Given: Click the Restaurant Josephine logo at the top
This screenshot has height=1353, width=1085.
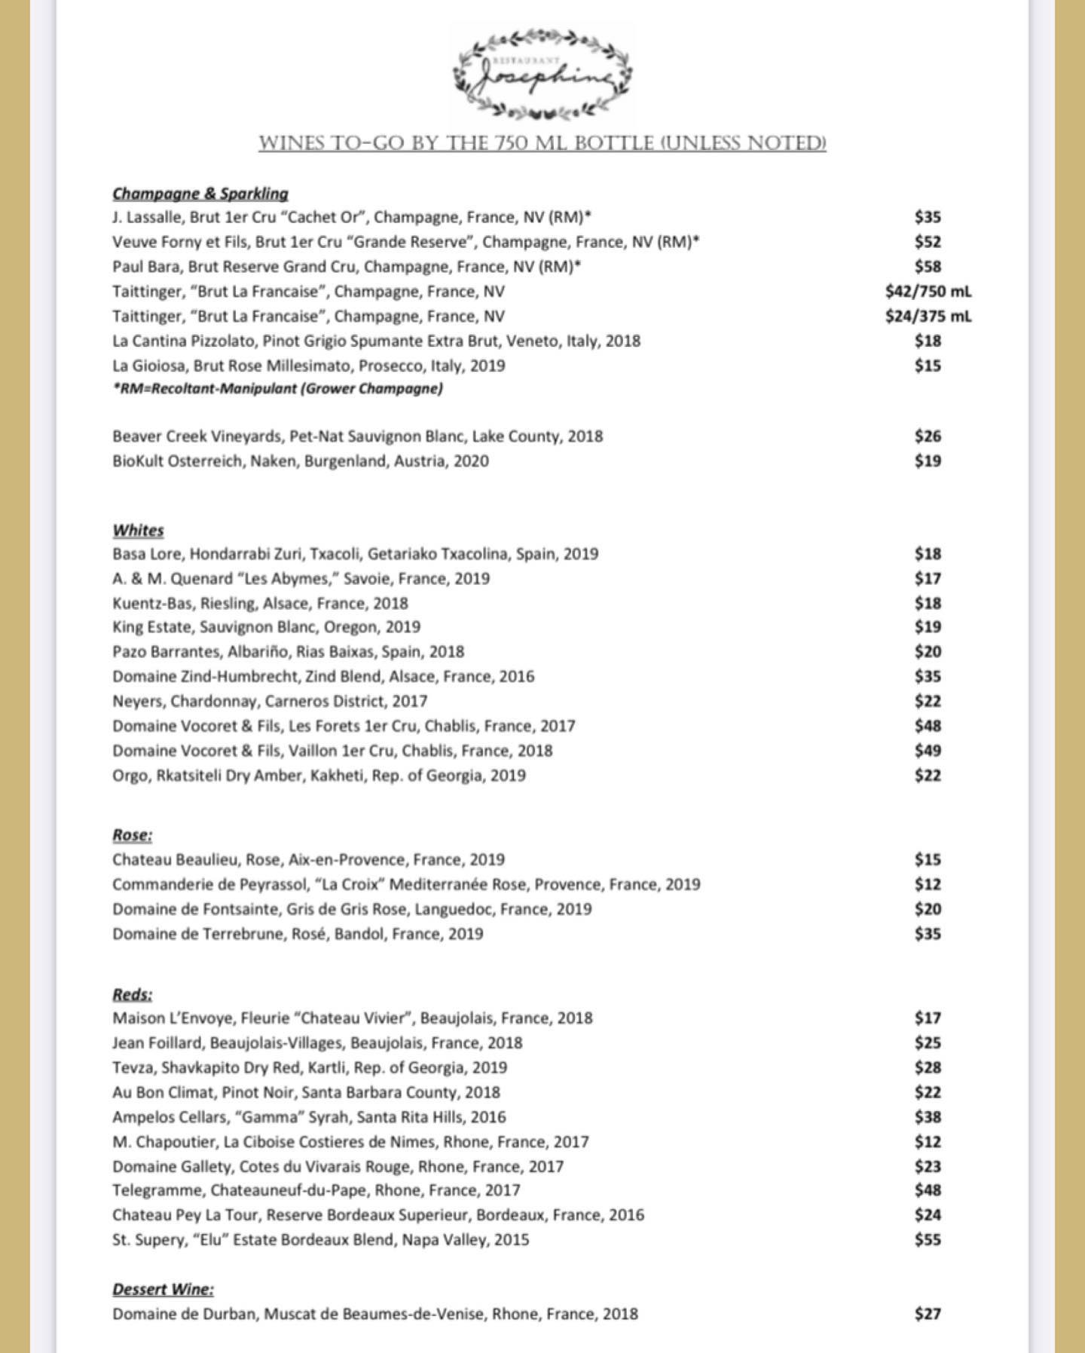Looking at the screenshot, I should pos(542,74).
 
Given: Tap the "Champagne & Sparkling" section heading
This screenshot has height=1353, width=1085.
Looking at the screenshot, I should pos(200,194).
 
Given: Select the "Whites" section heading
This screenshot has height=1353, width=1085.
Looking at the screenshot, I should pos(139,530).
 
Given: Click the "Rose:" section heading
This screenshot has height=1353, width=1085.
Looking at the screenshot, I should pos(133,835).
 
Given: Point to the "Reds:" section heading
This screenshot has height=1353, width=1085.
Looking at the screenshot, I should pos(133,994).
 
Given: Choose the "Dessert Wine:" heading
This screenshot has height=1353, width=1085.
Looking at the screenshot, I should pos(163,1289).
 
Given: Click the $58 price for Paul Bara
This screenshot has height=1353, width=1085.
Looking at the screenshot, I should pos(928,266).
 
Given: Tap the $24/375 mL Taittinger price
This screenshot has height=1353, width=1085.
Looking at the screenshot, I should pos(928,316).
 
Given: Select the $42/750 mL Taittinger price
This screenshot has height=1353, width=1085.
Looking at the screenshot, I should pos(928,291).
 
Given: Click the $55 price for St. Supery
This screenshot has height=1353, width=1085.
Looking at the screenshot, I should pos(928,1239).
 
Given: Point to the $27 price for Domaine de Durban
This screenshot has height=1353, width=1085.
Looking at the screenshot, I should pos(928,1314).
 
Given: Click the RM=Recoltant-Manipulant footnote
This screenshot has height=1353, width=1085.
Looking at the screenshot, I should pos(277,389).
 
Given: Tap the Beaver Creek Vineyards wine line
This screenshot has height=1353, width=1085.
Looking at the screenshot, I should pos(357,436).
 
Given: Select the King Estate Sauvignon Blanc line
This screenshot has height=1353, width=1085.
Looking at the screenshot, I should pos(266,627).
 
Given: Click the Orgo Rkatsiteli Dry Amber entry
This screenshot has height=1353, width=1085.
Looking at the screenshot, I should pos(319,775).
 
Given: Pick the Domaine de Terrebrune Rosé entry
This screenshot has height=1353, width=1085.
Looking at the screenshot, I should pos(298,934).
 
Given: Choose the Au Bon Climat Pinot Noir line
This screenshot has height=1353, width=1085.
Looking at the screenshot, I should pos(306,1092).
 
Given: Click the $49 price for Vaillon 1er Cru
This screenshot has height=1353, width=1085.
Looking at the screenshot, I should pos(928,751).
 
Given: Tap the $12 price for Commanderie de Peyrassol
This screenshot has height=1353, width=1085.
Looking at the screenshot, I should pos(928,884).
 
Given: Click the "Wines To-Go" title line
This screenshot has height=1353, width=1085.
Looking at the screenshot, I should pos(542,143).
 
